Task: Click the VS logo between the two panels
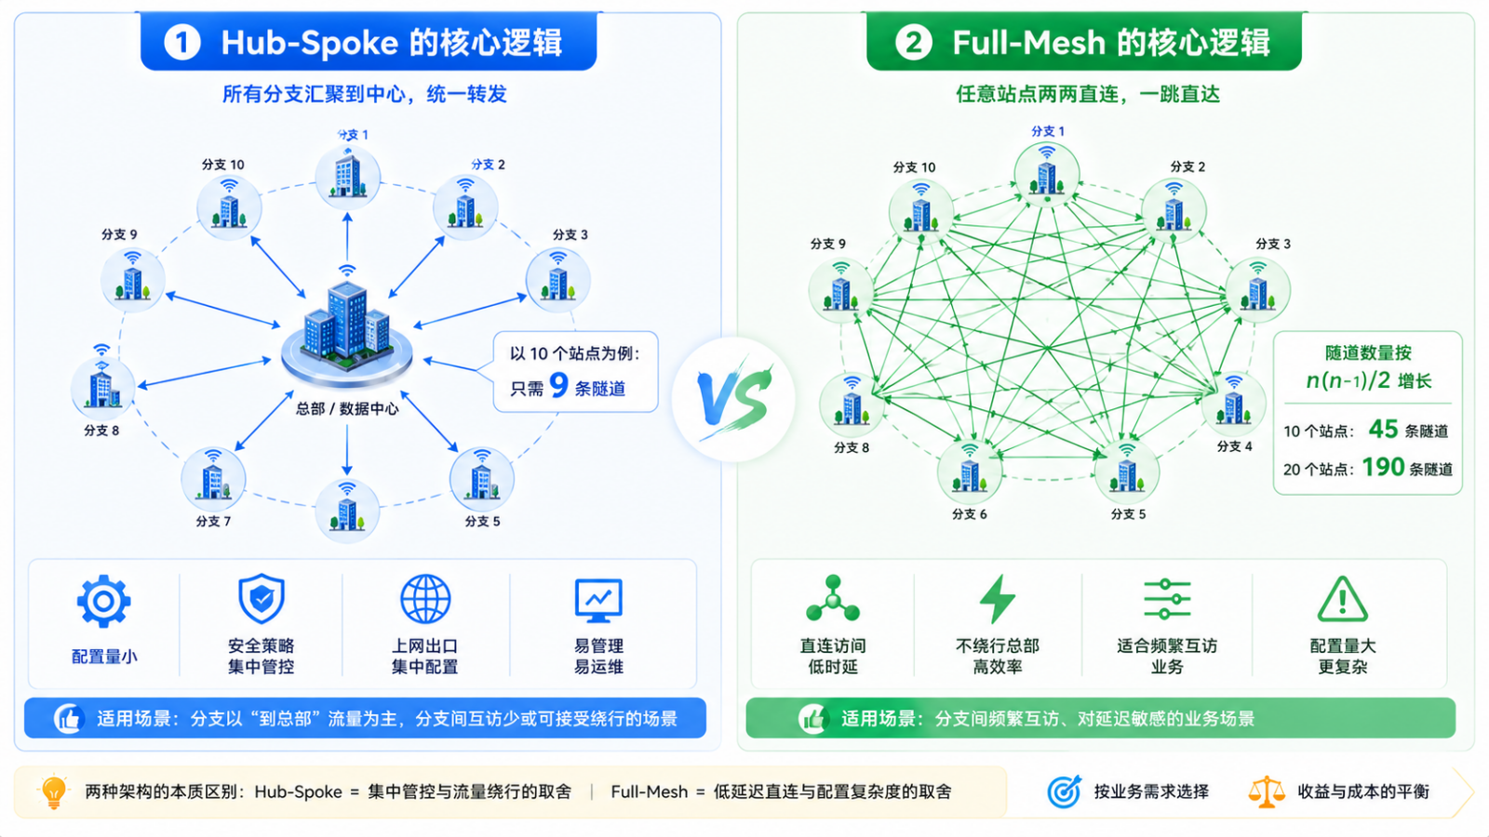coord(734,399)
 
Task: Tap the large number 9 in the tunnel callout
coord(559,385)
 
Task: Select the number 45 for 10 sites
coord(1383,429)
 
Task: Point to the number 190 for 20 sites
coord(1383,467)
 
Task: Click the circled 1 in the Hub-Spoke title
coord(182,43)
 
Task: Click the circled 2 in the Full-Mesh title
coord(913,43)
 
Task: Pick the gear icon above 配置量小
coord(103,601)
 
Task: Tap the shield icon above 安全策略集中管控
coord(262,599)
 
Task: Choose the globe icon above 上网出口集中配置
coord(425,599)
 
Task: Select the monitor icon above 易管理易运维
coord(598,601)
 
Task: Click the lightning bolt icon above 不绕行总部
coord(997,599)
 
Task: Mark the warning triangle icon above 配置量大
coord(1342,599)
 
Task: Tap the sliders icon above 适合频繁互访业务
coord(1167,599)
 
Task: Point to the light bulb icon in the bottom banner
coord(54,791)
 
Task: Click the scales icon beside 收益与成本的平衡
coord(1267,791)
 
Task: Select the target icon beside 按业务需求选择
coord(1065,791)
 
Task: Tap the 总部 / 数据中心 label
coord(347,408)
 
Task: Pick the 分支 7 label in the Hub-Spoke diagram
coord(213,522)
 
